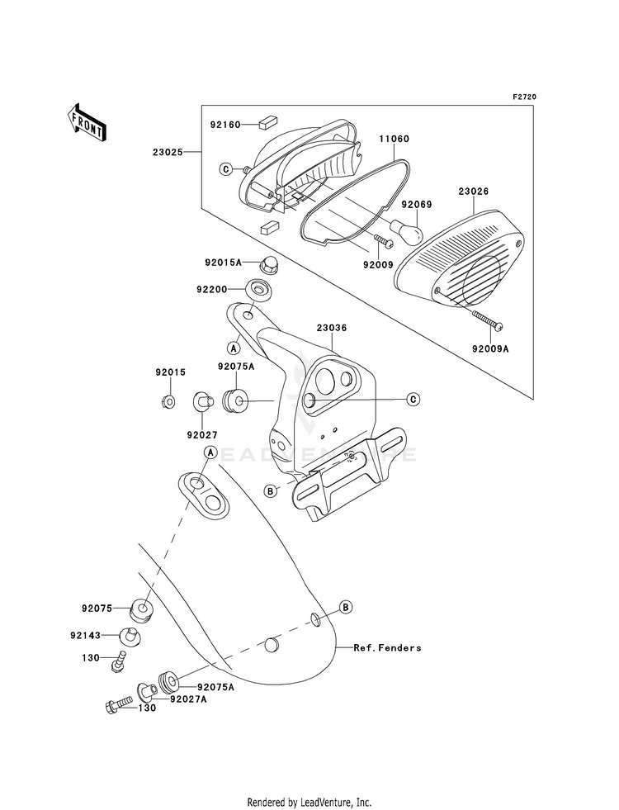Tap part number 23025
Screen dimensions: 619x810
167,152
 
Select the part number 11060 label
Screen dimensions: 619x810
394,139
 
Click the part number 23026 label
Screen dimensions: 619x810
474,191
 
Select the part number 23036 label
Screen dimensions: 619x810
332,328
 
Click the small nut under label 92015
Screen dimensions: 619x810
168,400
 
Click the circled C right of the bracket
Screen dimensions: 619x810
413,399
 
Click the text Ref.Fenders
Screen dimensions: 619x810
387,647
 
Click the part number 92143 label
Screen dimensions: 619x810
85,636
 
